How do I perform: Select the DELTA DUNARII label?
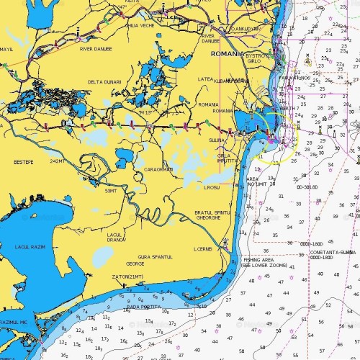pos(106,82)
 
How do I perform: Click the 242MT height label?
pos(58,161)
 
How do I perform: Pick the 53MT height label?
pos(111,191)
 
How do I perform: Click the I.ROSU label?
pos(211,188)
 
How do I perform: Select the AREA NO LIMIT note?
pos(258,181)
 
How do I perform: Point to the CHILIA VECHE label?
pos(140,25)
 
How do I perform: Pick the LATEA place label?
pos(205,79)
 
